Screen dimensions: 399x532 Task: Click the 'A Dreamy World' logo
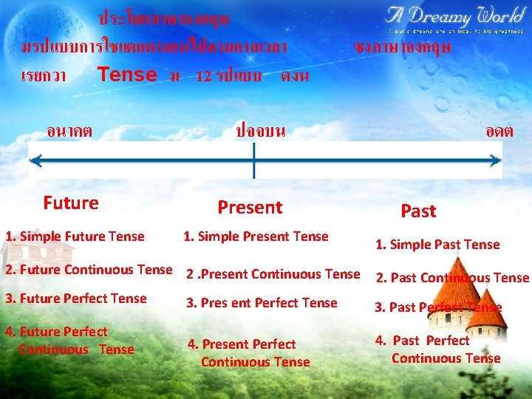(x=454, y=16)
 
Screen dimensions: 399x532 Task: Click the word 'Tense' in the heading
(x=127, y=75)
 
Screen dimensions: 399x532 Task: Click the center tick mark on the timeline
(x=253, y=160)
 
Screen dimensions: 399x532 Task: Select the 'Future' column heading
(x=71, y=202)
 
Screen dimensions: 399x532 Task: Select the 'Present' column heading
(x=250, y=208)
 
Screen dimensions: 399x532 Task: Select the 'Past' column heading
(x=418, y=211)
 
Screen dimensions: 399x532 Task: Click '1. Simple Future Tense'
(x=75, y=236)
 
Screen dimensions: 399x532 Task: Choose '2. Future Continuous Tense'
(x=88, y=270)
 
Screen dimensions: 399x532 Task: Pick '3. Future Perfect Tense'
(x=76, y=299)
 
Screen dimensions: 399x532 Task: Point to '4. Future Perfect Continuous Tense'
(x=69, y=341)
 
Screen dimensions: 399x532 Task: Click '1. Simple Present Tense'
(x=256, y=236)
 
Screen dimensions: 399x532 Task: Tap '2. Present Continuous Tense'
(x=273, y=274)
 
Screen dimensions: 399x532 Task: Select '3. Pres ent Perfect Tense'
(x=262, y=303)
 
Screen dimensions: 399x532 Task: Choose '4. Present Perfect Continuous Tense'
(x=249, y=352)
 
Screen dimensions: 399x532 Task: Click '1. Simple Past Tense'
(x=437, y=245)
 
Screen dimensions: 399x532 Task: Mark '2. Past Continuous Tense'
(x=452, y=278)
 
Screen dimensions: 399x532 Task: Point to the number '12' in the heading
(x=205, y=76)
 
